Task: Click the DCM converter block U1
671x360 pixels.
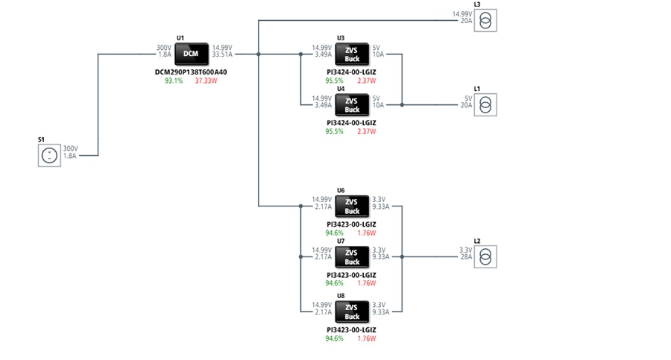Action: point(192,54)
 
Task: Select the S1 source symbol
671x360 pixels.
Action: point(49,155)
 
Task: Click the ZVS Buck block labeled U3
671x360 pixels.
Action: point(352,54)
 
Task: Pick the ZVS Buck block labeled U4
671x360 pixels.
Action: point(352,104)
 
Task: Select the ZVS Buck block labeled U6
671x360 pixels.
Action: point(352,206)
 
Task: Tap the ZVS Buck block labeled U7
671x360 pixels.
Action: point(352,256)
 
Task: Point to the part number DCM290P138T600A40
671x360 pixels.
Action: point(191,72)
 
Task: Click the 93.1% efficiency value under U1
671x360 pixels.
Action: point(174,80)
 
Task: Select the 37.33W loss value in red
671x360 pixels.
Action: point(206,80)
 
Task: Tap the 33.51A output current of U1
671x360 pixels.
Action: point(222,54)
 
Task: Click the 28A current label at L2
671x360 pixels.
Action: point(466,256)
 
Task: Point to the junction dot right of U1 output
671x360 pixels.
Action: point(258,54)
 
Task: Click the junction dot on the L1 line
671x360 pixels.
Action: point(402,105)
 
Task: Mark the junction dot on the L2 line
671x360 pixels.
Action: point(402,256)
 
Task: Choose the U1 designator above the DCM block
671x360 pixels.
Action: point(180,37)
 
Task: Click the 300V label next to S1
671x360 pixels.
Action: point(71,148)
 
